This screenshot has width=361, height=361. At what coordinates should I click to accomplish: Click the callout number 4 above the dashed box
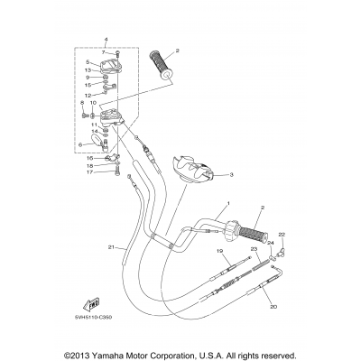[106, 40]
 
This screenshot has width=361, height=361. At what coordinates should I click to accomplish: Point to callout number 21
[111, 247]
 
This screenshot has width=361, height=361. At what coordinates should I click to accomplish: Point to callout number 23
[254, 249]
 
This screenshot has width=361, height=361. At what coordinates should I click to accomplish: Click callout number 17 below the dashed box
[90, 172]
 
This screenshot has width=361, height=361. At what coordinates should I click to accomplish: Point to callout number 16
[90, 157]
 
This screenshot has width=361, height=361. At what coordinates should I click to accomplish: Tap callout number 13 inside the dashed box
[88, 69]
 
